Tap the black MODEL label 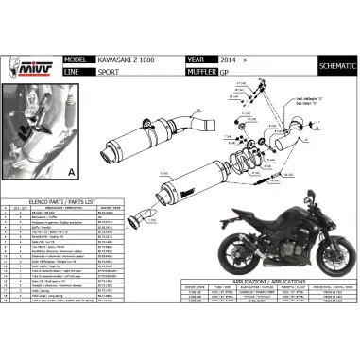78,58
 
